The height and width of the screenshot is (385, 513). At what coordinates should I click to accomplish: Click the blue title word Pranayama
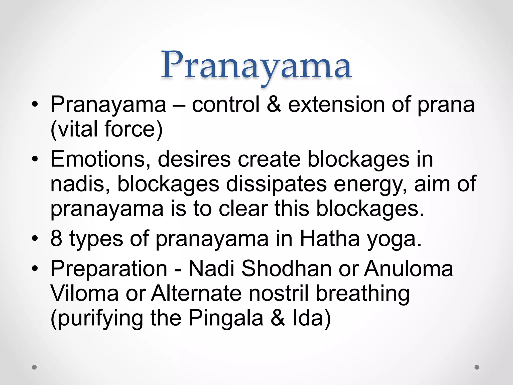click(x=256, y=66)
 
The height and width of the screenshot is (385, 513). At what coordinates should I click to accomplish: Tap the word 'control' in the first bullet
click(x=226, y=104)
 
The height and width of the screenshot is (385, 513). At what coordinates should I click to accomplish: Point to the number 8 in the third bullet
click(x=56, y=239)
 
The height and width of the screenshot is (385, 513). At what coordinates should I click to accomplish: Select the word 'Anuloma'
click(x=408, y=268)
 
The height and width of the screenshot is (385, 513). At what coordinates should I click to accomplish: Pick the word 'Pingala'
click(x=226, y=318)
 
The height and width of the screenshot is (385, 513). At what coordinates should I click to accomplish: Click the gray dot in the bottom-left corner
click(x=34, y=367)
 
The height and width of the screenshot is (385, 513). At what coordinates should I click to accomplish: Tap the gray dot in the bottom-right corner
click(x=477, y=367)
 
